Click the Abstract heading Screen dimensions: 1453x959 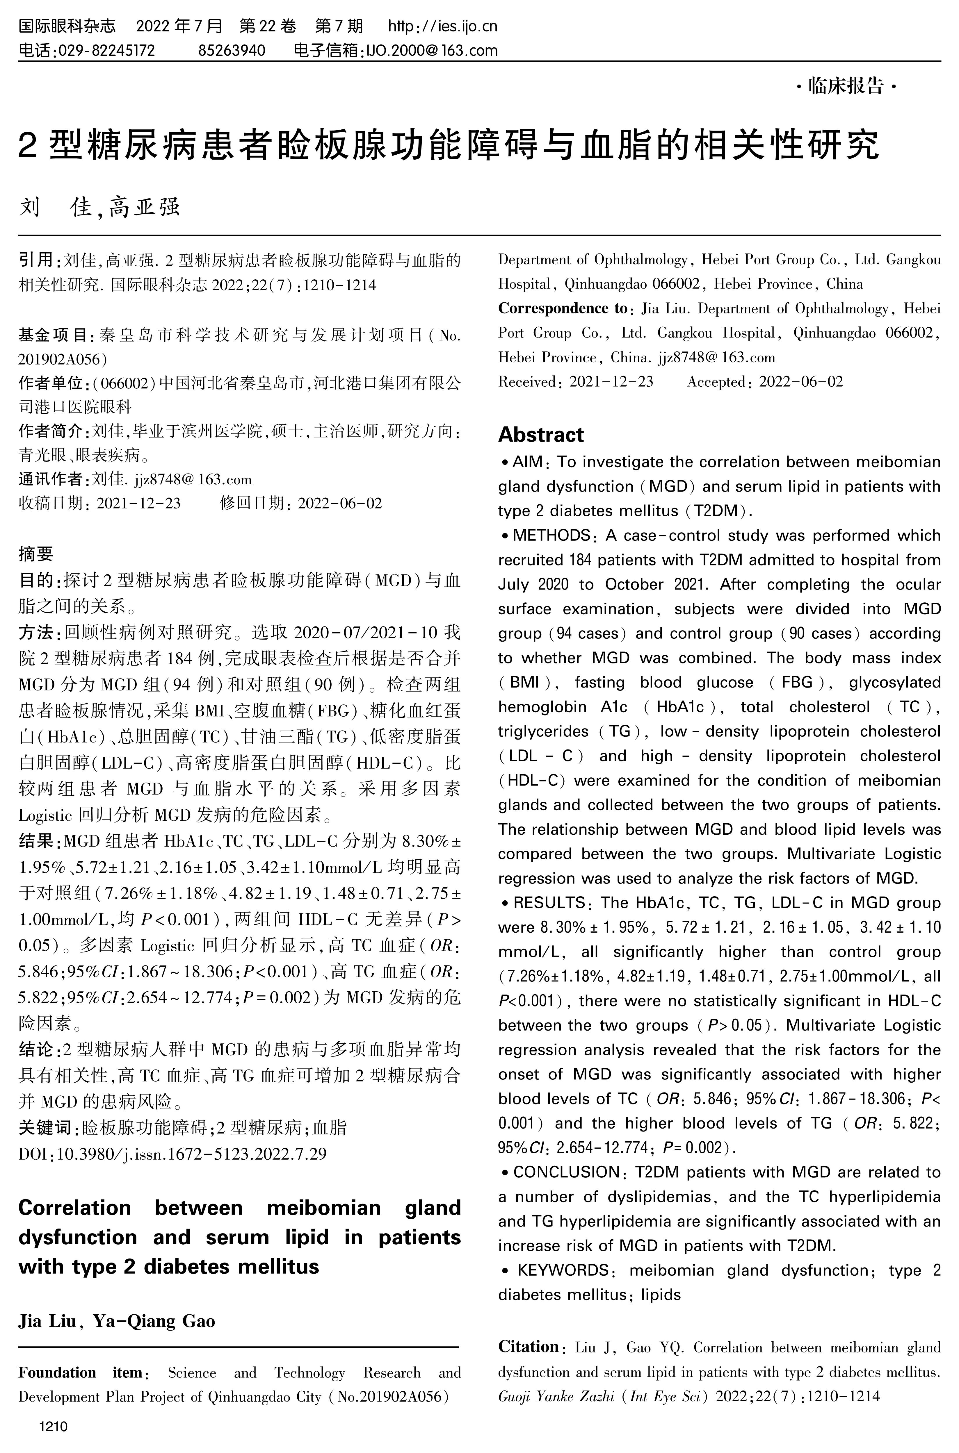541,435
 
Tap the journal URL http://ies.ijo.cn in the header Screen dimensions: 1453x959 443,26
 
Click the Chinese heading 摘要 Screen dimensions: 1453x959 36,554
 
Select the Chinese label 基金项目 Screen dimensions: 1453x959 53,335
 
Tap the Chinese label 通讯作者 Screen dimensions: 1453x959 53,479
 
